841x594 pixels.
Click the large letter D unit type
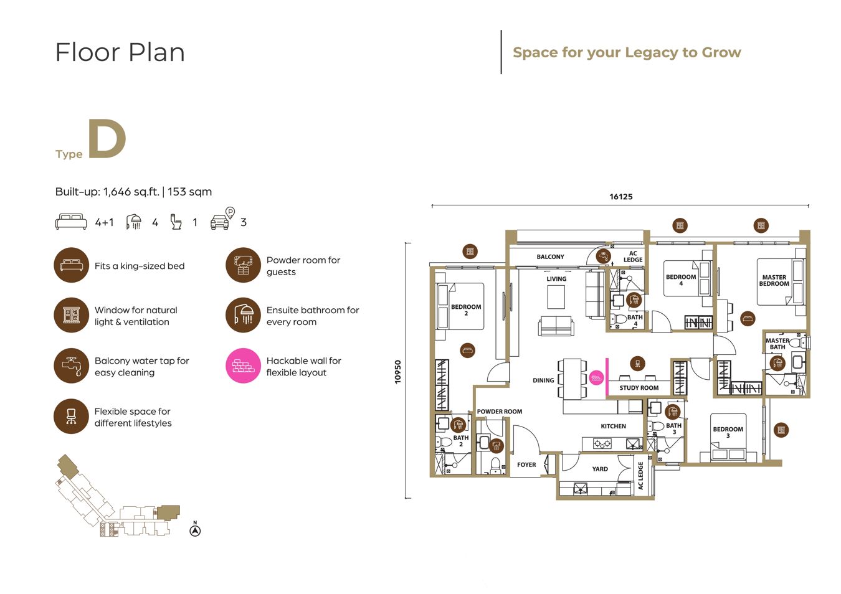coord(107,138)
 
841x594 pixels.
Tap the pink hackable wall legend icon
coord(243,365)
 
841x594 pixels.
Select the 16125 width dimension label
coord(620,197)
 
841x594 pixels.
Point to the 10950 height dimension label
coord(397,372)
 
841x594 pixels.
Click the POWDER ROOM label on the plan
coord(500,412)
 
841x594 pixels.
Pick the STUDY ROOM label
coord(639,388)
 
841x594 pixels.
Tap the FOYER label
coord(526,464)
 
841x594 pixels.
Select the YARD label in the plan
coord(599,469)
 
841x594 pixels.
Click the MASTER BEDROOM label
coord(774,280)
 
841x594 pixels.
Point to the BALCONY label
coord(550,257)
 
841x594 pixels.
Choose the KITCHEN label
coord(613,426)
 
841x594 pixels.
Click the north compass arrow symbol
coord(195,530)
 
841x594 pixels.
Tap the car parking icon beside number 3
coord(222,218)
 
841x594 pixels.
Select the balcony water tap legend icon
coord(72,365)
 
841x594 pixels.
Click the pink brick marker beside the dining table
coord(596,377)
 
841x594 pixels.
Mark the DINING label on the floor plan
coord(543,380)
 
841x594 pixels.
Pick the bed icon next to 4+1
coord(71,222)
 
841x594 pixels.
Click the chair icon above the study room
coord(637,363)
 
